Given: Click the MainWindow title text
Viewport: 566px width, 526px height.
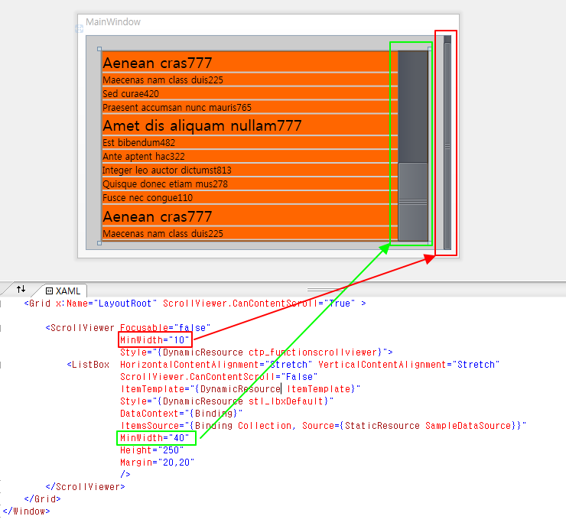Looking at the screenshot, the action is click(x=113, y=22).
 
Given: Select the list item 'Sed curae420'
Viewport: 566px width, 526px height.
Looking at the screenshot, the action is click(x=131, y=94).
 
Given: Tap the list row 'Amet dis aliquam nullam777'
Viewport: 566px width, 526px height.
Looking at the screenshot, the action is click(x=202, y=125).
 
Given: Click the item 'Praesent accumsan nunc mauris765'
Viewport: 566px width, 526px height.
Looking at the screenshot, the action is click(x=177, y=108).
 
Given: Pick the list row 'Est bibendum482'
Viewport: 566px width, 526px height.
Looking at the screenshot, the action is click(x=138, y=142).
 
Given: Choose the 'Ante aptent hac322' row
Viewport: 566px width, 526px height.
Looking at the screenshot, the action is click(x=144, y=156).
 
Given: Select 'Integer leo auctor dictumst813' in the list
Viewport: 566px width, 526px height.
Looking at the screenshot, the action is click(x=167, y=170).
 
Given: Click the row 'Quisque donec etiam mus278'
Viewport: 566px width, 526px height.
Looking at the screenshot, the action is click(x=165, y=184).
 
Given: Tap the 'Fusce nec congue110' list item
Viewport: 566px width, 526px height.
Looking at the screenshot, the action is click(x=148, y=198).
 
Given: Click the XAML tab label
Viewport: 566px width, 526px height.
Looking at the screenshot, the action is click(x=67, y=291).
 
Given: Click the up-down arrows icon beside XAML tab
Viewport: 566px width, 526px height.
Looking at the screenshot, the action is click(x=21, y=289).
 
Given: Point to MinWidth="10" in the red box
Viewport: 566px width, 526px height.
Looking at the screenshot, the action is click(x=155, y=340).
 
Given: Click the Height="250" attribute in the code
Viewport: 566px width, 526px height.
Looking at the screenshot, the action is click(x=152, y=450).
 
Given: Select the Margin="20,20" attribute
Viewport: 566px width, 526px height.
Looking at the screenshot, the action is click(x=158, y=463).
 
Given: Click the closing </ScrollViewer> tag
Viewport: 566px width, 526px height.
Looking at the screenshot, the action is click(x=85, y=487).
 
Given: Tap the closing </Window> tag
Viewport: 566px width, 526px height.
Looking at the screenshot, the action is click(x=26, y=511).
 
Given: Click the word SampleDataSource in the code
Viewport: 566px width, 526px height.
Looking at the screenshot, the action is click(x=468, y=426).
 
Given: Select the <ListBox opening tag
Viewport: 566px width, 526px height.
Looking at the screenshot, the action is click(x=88, y=365).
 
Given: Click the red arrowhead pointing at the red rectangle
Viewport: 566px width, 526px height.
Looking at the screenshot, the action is click(x=429, y=258).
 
